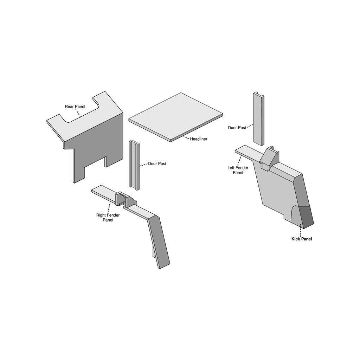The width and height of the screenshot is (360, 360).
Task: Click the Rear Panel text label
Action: point(75,107)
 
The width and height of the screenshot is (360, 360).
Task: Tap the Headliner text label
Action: point(199,139)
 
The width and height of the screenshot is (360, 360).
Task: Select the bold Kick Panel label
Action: point(302,239)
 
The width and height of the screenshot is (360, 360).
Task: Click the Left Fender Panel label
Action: point(238,170)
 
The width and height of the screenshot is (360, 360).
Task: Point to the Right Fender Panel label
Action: point(108,217)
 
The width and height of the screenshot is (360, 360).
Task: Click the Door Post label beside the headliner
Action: point(157,164)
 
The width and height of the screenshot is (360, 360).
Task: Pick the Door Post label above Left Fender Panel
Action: point(237,128)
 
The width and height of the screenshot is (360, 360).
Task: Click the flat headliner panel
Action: point(176,117)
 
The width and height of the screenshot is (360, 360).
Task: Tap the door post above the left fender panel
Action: point(259,119)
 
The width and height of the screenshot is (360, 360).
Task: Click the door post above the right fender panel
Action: point(134,165)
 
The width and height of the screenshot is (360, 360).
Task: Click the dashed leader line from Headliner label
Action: point(186,137)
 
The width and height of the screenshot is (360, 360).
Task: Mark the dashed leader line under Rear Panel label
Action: point(78,113)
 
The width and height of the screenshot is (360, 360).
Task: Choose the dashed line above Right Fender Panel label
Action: point(109,207)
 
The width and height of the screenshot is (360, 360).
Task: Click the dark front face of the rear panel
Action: point(96,149)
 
